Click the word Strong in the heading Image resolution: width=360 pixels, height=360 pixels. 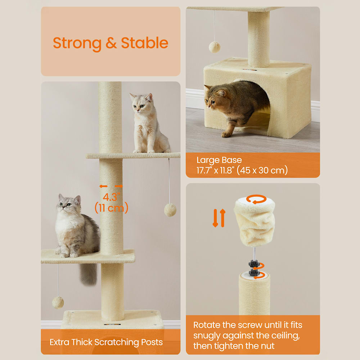click(x=77, y=44)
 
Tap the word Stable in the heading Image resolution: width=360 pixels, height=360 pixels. click(x=145, y=43)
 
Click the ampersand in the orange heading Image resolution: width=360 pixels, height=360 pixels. click(x=111, y=43)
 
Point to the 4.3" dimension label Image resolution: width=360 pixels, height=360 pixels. click(x=111, y=197)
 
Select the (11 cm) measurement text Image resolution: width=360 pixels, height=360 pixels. click(x=111, y=208)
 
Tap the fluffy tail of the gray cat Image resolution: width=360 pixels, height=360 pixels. click(x=89, y=274)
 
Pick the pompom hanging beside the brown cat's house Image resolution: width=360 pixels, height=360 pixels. click(x=215, y=47)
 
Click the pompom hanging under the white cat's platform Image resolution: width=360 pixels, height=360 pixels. click(x=170, y=210)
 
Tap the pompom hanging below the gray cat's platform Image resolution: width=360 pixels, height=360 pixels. click(x=58, y=302)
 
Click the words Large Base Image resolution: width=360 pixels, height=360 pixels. click(x=219, y=160)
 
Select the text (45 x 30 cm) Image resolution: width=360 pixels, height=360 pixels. click(x=262, y=170)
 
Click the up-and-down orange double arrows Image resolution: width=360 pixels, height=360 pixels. click(x=219, y=218)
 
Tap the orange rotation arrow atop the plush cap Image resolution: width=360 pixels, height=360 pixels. click(x=256, y=199)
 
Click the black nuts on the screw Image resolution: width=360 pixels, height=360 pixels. click(x=254, y=268)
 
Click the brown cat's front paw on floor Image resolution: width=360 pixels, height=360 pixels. click(x=226, y=134)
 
